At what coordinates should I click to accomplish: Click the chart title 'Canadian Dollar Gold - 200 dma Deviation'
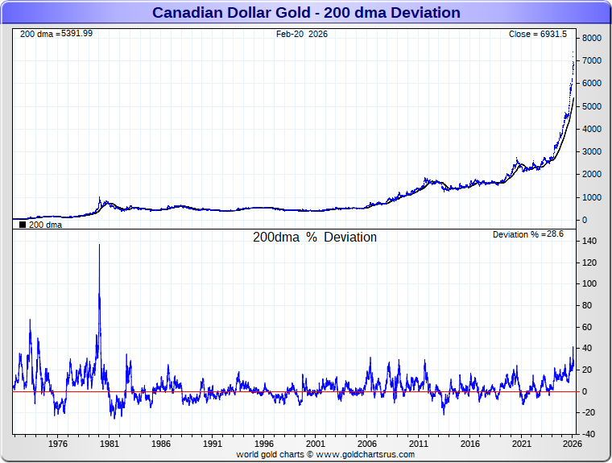click(x=306, y=13)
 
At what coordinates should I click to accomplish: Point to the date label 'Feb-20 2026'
click(x=302, y=35)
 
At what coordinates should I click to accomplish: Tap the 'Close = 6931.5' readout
click(x=538, y=35)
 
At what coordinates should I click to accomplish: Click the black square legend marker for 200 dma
click(x=23, y=225)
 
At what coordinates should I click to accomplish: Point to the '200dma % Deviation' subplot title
click(x=315, y=238)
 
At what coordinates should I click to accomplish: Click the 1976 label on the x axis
click(x=57, y=444)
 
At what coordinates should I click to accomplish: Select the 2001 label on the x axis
click(x=315, y=444)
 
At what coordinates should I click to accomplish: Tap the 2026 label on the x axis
click(x=573, y=444)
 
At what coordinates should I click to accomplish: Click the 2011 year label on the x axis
click(x=418, y=444)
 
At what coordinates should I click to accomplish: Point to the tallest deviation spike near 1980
click(x=99, y=245)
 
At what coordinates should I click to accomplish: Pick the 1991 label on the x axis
click(x=212, y=444)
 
